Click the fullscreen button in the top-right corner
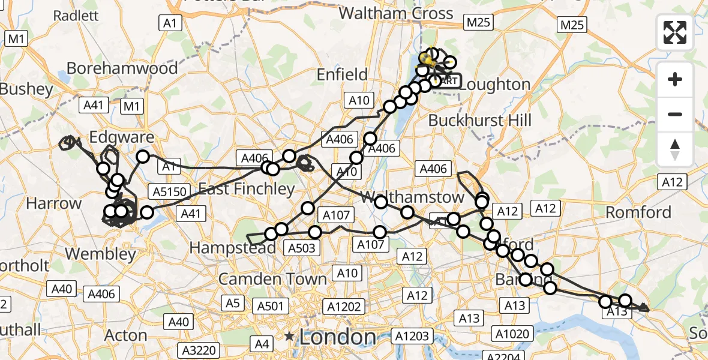[x=675, y=32]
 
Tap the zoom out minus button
[x=675, y=114]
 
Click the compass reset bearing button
[x=675, y=149]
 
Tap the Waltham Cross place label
[x=404, y=13]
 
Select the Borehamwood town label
[x=122, y=68]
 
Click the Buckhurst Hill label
[x=479, y=120]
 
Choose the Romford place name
[x=638, y=212]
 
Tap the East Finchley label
[x=247, y=190]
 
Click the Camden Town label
[x=272, y=278]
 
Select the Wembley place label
[x=100, y=253]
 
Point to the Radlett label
[x=76, y=16]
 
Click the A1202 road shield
[x=344, y=307]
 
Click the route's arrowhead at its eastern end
[x=644, y=308]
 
